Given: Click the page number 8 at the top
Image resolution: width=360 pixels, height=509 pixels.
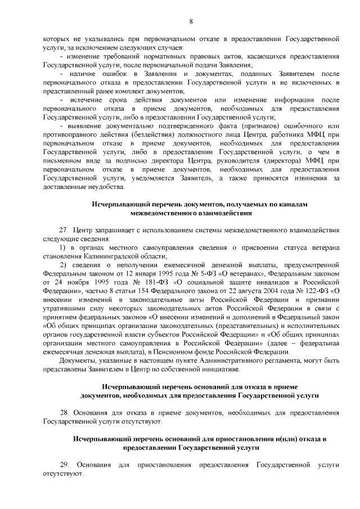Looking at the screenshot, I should coord(191,21).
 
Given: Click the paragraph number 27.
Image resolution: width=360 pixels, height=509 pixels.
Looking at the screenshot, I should coord(64,231).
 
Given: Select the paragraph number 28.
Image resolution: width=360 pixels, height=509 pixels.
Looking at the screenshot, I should coord(64,413).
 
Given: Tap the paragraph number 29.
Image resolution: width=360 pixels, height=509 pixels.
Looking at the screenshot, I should coord(64,465).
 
